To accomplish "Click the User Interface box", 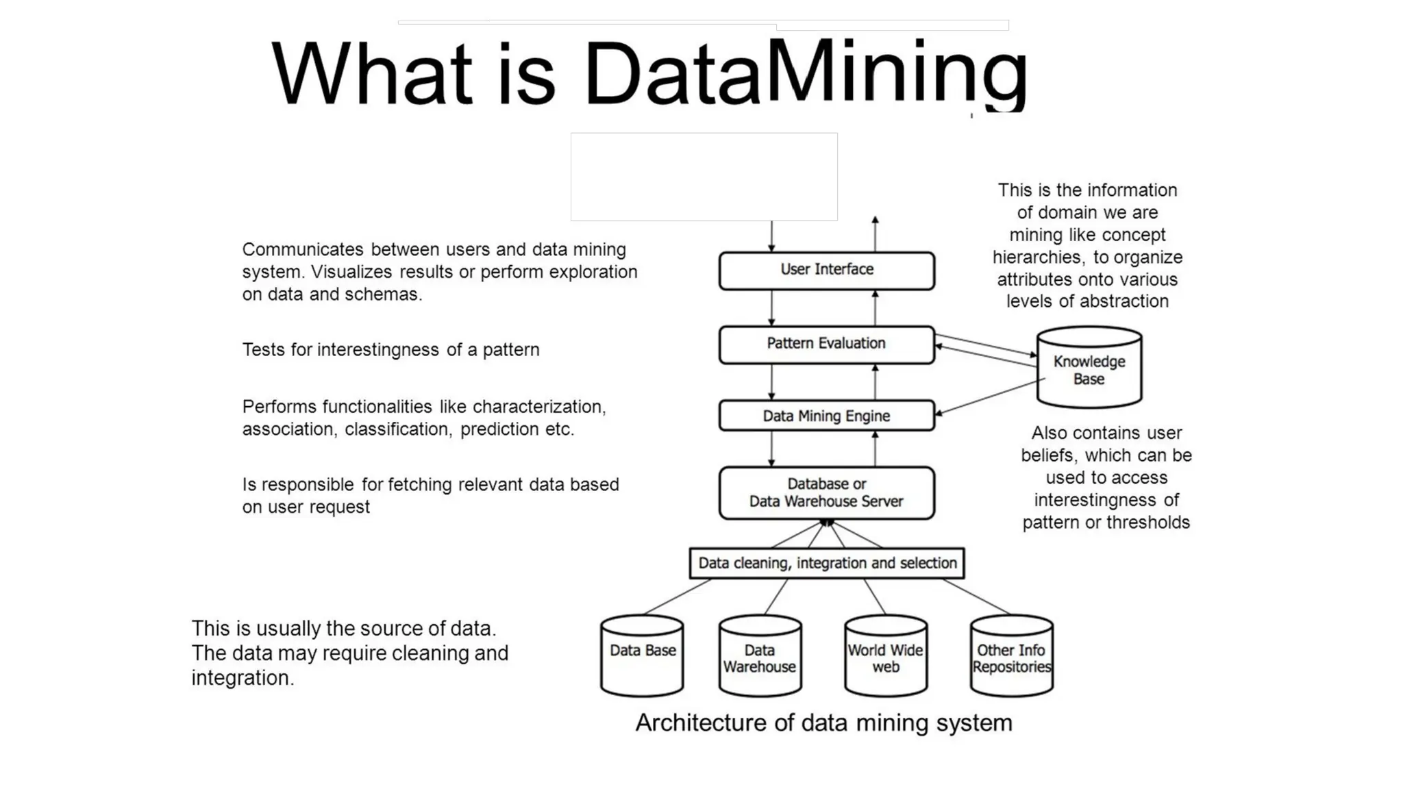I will tap(826, 271).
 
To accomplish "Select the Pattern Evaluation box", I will tap(826, 344).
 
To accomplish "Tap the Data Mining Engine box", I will tap(826, 416).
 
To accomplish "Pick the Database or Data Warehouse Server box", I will tap(826, 492).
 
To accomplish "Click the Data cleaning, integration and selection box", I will tap(827, 563).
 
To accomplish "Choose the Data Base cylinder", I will tap(642, 656).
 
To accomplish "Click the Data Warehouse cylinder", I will tap(760, 657).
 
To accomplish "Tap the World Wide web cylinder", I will tap(885, 657).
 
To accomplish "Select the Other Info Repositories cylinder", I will tap(1011, 657).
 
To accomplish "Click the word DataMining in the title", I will tap(805, 74).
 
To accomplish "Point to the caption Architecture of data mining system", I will tap(823, 723).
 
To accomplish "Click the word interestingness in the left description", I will tap(377, 350).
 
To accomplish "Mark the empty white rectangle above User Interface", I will tap(704, 177).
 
